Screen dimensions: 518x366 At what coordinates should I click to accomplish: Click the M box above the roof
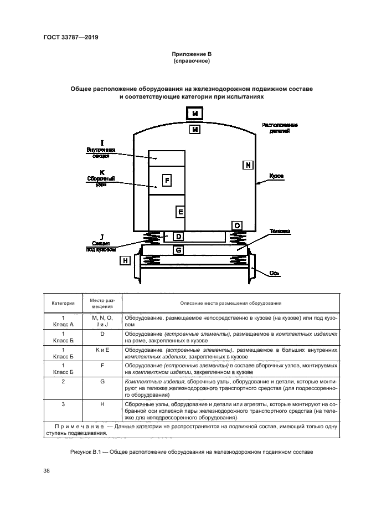pyautogui.click(x=194, y=114)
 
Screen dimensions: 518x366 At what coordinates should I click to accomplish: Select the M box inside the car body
pyautogui.click(x=194, y=130)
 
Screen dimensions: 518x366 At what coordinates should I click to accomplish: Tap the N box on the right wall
pyautogui.click(x=248, y=165)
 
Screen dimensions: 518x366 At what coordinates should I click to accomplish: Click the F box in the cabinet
pyautogui.click(x=166, y=179)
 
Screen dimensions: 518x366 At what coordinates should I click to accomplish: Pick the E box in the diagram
pyautogui.click(x=180, y=212)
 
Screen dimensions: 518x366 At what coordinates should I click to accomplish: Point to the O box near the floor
pyautogui.click(x=236, y=225)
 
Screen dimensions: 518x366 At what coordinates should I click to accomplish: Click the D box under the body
pyautogui.click(x=178, y=237)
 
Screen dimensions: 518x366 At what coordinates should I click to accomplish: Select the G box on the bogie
pyautogui.click(x=178, y=250)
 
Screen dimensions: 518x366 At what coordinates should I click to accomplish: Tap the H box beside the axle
pyautogui.click(x=125, y=260)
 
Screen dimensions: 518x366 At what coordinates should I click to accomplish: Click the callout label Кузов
pyautogui.click(x=276, y=176)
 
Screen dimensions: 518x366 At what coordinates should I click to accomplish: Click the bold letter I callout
pyautogui.click(x=101, y=143)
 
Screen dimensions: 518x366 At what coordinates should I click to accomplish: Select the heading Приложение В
pyautogui.click(x=193, y=54)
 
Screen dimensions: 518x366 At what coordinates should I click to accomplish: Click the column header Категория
pyautogui.click(x=64, y=304)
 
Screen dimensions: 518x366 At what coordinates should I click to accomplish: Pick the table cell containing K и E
pyautogui.click(x=102, y=350)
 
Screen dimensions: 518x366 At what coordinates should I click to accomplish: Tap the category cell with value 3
pyautogui.click(x=64, y=404)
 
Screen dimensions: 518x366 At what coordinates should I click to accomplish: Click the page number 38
pyautogui.click(x=47, y=471)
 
